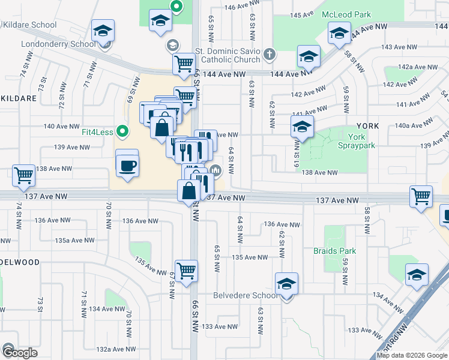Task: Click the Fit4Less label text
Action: pos(98,131)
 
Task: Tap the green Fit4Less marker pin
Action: pos(123,130)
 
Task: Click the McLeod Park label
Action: pos(346,14)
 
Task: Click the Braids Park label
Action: pos(334,251)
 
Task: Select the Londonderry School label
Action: pos(58,44)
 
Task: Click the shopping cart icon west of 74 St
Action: pos(23,175)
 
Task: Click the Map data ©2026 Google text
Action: pos(412,355)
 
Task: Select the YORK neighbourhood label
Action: pos(367,126)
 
